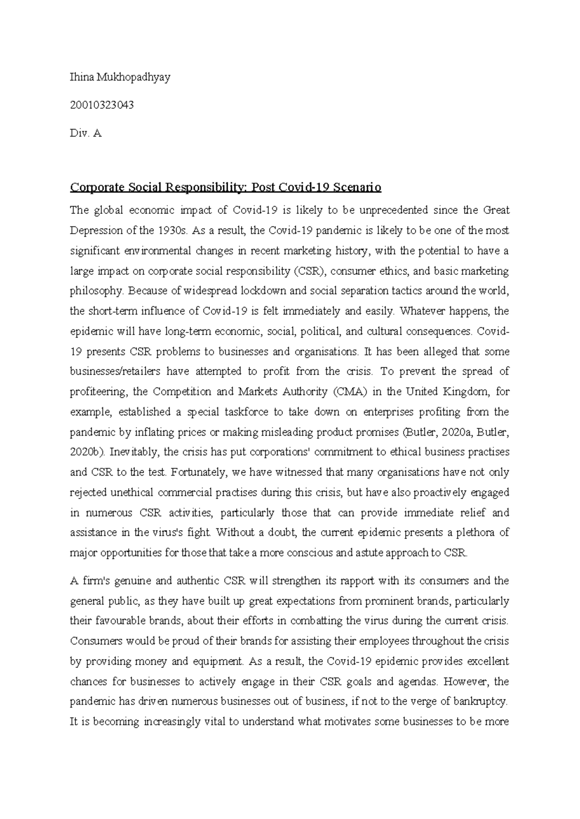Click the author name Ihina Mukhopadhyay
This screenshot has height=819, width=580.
(120, 77)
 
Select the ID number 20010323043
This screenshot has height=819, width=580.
(101, 105)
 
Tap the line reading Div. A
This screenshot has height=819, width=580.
(86, 133)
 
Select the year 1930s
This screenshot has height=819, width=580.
(173, 230)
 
